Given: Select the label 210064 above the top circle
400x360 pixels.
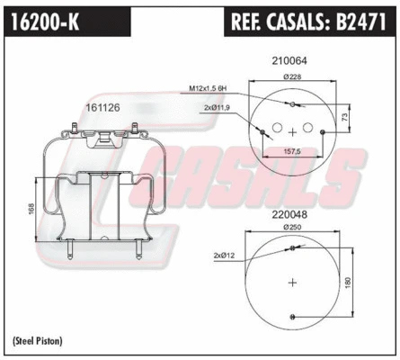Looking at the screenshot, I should pyautogui.click(x=289, y=61).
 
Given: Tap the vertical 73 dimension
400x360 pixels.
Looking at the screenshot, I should pyautogui.click(x=345, y=117).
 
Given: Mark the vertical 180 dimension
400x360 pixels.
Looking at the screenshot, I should pyautogui.click(x=346, y=282).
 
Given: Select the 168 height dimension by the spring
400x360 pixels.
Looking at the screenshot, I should pyautogui.click(x=31, y=209).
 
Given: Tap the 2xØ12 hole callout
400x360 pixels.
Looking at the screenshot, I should pyautogui.click(x=225, y=256).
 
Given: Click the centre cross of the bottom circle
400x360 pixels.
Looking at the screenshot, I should pyautogui.click(x=291, y=282).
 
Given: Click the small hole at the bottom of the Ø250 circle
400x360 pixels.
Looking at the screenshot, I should pyautogui.click(x=291, y=315).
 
